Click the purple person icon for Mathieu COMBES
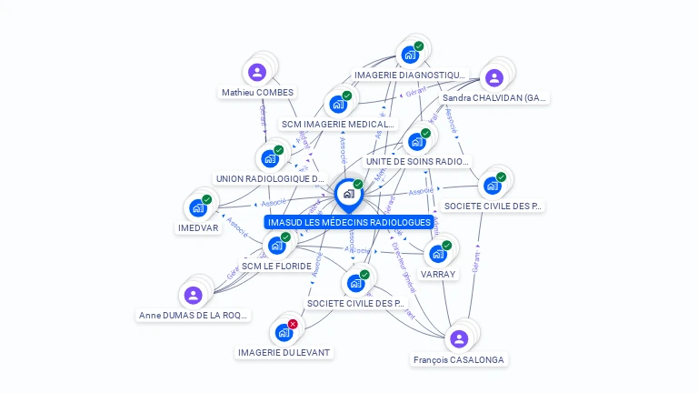pyautogui.click(x=256, y=72)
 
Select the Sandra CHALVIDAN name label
pyautogui.click(x=494, y=98)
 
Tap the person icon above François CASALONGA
pyautogui.click(x=459, y=339)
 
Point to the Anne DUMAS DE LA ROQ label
pyautogui.click(x=193, y=316)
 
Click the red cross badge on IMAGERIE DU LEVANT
pyautogui.click(x=293, y=325)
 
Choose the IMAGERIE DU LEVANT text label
pyautogui.click(x=284, y=352)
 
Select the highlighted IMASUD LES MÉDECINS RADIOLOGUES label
pyautogui.click(x=349, y=222)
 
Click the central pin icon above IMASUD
pyautogui.click(x=348, y=194)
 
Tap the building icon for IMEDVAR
pyautogui.click(x=197, y=208)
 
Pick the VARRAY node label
pyautogui.click(x=438, y=274)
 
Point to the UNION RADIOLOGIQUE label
pyautogui.click(x=270, y=179)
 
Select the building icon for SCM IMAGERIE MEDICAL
pyautogui.click(x=338, y=105)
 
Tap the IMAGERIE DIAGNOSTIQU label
pyautogui.click(x=410, y=76)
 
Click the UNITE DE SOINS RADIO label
pyautogui.click(x=417, y=161)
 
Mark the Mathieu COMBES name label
pyautogui.click(x=257, y=93)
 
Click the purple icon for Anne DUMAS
pyautogui.click(x=193, y=295)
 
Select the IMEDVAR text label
pyautogui.click(x=198, y=228)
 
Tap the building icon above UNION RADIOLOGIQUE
pyautogui.click(x=270, y=158)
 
